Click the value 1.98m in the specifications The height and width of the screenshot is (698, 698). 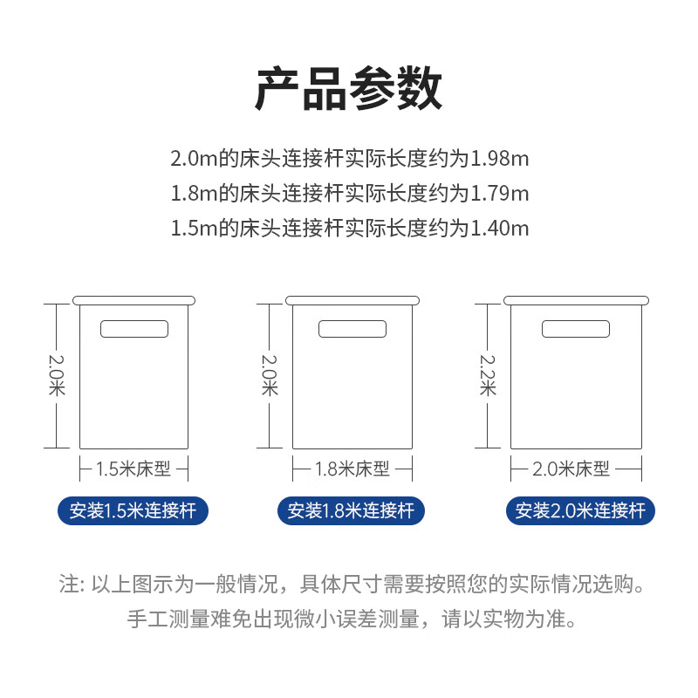click(500, 159)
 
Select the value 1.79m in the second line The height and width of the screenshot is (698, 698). click(500, 194)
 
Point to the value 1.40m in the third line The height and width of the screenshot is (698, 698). click(500, 229)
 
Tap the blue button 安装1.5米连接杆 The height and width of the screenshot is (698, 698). click(133, 510)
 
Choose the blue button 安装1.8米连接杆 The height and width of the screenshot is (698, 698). click(351, 510)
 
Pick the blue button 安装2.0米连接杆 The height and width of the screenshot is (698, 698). click(580, 510)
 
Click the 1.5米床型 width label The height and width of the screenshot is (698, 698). click(133, 469)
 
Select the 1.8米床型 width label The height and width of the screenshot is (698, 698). click(352, 469)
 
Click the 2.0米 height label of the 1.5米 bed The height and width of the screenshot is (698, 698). click(57, 374)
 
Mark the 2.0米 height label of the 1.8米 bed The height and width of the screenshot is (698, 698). click(270, 374)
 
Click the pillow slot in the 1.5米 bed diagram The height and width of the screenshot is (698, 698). click(134, 329)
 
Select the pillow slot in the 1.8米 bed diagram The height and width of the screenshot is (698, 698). click(352, 329)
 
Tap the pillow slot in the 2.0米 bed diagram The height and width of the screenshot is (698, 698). click(575, 329)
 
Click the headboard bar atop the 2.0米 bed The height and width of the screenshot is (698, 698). click(577, 300)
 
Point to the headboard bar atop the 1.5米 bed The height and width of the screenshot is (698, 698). click(133, 300)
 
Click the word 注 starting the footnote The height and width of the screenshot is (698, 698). click(67, 584)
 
